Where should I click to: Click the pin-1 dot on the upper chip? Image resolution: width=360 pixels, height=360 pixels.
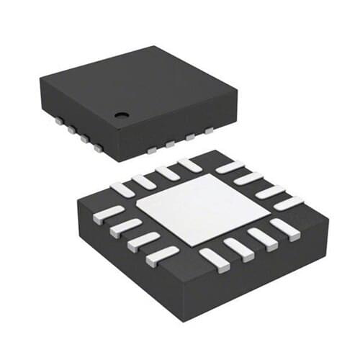pyautogui.click(x=122, y=114)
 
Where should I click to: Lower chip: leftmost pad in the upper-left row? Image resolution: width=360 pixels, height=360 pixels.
pyautogui.click(x=123, y=189)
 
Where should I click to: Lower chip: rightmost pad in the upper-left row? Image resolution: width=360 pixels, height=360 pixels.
pyautogui.click(x=190, y=165)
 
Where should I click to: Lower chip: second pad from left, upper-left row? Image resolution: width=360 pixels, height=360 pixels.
pyautogui.click(x=144, y=181)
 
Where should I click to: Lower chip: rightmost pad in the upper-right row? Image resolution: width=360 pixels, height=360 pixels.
pyautogui.click(x=288, y=202)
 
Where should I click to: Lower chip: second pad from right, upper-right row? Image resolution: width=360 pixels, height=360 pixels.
pyautogui.click(x=270, y=191)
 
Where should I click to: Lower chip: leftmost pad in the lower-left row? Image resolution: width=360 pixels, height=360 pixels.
pyautogui.click(x=108, y=215)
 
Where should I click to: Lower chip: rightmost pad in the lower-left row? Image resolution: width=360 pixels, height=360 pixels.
pyautogui.click(x=163, y=256)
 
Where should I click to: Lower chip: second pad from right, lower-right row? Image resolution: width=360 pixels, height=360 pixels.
pyautogui.click(x=261, y=238)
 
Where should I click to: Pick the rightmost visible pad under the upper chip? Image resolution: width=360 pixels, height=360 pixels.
pyautogui.click(x=209, y=131)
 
